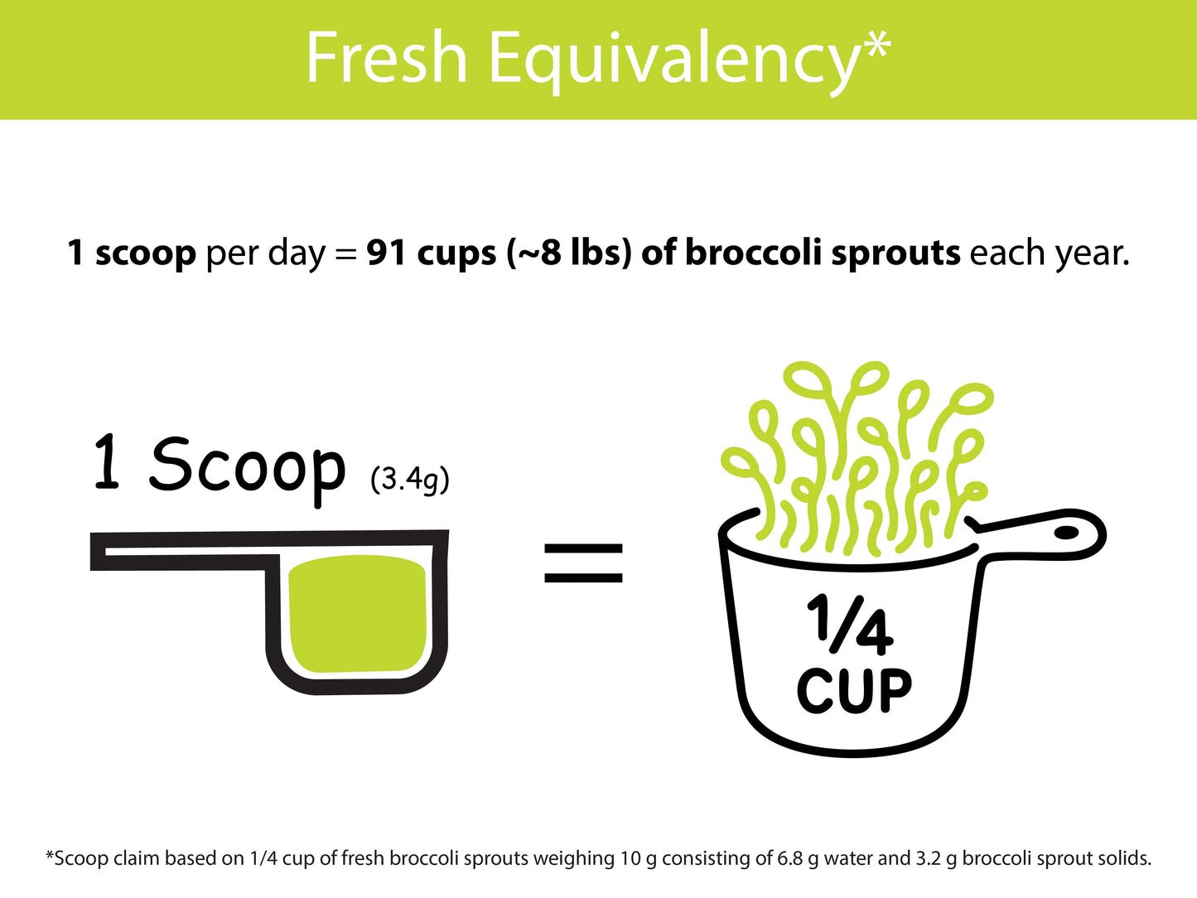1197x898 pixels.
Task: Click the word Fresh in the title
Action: (387, 58)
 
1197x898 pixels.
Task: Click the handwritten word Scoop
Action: (246, 466)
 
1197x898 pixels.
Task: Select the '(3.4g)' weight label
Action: (410, 479)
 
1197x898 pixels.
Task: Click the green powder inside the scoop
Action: (357, 614)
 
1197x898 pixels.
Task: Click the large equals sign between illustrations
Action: (583, 563)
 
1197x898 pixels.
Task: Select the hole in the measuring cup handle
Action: (1066, 533)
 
